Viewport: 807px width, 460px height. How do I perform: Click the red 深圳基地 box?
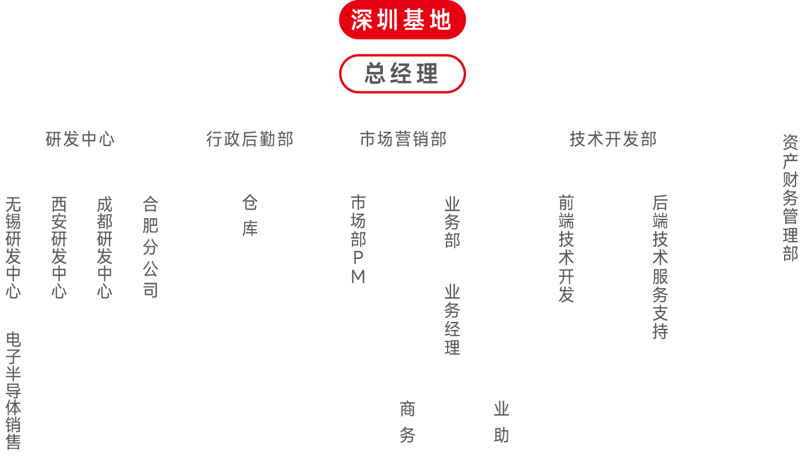click(x=402, y=20)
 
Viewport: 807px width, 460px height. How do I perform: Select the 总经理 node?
click(x=402, y=73)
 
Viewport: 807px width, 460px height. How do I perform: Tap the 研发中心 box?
click(x=80, y=139)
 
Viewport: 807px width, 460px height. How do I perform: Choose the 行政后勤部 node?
click(x=250, y=139)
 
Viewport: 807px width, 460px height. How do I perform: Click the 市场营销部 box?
click(x=403, y=139)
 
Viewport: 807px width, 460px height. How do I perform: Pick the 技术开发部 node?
click(x=613, y=139)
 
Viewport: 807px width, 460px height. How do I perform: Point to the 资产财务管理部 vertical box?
click(x=790, y=195)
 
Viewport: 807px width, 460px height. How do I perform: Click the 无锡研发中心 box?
click(x=13, y=248)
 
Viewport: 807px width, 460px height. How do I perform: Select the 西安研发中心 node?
click(x=59, y=248)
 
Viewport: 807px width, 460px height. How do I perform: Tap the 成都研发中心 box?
click(x=104, y=248)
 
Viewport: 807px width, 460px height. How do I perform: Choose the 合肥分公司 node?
click(x=150, y=248)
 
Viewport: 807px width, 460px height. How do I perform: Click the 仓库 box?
click(x=250, y=217)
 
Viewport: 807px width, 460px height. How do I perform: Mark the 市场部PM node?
click(x=358, y=239)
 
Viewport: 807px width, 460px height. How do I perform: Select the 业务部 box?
click(x=452, y=223)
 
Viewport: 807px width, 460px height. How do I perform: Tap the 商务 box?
click(x=408, y=423)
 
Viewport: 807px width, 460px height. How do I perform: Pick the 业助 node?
click(x=501, y=423)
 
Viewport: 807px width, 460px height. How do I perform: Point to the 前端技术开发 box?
click(x=566, y=249)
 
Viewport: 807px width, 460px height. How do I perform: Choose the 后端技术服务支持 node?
click(x=660, y=268)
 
